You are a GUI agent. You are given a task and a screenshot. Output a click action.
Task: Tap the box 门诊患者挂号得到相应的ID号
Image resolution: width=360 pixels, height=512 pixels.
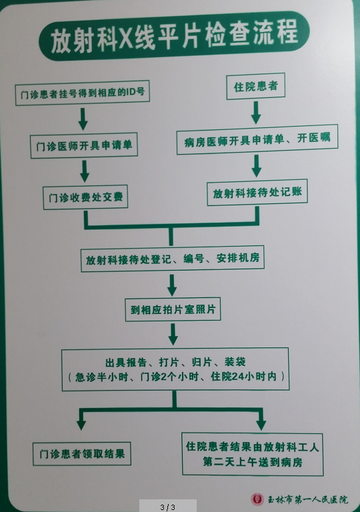[x=82, y=93]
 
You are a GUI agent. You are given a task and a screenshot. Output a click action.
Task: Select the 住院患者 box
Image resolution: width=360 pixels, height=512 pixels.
[x=256, y=86]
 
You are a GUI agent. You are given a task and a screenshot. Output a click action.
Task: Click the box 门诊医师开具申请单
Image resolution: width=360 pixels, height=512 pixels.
[x=84, y=145]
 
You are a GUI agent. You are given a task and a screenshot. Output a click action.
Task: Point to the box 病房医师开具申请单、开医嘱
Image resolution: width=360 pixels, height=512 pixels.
[x=257, y=139]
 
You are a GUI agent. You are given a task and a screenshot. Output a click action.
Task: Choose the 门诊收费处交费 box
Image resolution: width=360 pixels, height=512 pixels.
[x=85, y=197]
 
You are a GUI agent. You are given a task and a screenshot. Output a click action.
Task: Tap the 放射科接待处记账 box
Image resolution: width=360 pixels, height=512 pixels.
[x=257, y=192]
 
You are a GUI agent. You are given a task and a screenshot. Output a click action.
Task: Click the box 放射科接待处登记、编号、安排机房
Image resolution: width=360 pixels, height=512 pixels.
[x=173, y=258]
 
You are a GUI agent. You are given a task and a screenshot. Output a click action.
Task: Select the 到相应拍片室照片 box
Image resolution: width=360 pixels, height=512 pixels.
[x=173, y=309]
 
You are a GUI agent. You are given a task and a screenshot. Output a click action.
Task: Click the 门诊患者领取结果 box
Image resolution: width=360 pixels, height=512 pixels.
[x=82, y=453]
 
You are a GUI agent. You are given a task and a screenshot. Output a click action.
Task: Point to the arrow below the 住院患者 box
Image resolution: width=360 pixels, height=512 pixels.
[x=256, y=112]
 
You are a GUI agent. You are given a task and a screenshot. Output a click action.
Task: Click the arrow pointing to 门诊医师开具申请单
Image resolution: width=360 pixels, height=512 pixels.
[x=83, y=119]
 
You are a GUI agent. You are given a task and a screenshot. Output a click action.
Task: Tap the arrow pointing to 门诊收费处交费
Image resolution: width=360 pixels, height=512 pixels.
[x=85, y=171]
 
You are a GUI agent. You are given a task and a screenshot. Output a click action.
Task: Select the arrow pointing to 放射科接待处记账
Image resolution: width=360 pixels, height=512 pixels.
[x=257, y=166]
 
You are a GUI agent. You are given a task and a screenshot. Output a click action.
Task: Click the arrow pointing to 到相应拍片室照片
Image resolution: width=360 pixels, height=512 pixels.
[x=172, y=285]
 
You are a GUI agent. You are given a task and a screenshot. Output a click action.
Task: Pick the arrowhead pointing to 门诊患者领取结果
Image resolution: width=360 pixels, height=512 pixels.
[x=81, y=425]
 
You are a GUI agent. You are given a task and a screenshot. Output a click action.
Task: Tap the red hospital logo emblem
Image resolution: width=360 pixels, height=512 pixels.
[x=257, y=499]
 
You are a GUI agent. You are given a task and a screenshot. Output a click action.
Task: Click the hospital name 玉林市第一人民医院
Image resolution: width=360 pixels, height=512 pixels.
[x=307, y=499]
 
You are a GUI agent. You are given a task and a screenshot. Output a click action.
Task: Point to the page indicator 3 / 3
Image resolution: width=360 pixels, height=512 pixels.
[x=167, y=507]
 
